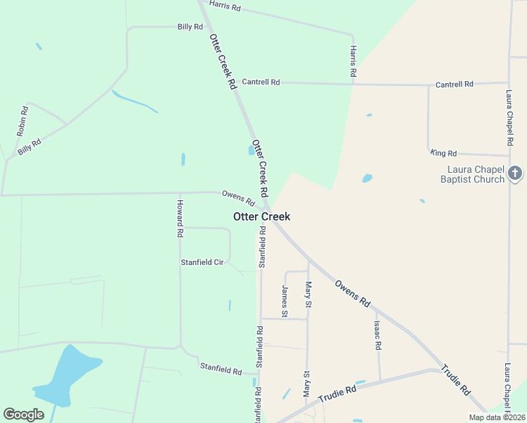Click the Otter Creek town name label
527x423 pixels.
click(x=261, y=216)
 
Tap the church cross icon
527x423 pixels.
click(x=516, y=173)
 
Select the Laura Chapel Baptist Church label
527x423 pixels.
click(x=476, y=174)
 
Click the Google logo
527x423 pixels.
click(x=23, y=415)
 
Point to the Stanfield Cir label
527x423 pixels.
click(x=202, y=262)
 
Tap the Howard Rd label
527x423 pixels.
click(x=180, y=218)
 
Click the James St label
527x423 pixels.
click(x=285, y=300)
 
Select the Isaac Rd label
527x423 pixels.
click(x=378, y=336)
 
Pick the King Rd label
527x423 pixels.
click(x=443, y=153)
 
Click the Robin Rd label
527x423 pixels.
click(x=22, y=121)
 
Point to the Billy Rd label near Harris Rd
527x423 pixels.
click(x=190, y=27)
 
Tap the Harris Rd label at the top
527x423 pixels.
click(x=225, y=7)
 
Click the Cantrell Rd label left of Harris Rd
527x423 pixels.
click(x=261, y=82)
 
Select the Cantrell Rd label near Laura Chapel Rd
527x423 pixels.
click(x=454, y=85)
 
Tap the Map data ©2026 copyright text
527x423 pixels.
click(x=497, y=417)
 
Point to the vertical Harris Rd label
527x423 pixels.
click(x=353, y=62)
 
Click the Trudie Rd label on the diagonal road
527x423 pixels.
click(x=455, y=379)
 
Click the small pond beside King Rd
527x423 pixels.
click(x=367, y=178)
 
